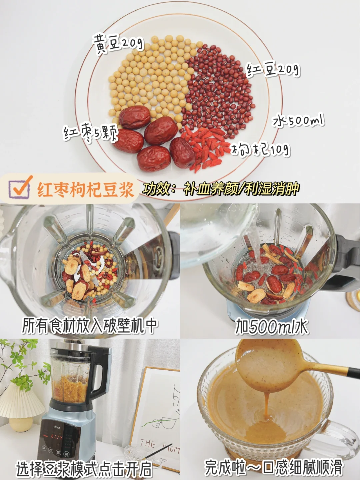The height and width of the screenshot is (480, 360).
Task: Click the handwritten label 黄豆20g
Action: pos(118,44)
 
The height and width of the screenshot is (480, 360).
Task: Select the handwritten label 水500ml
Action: pos(298,121)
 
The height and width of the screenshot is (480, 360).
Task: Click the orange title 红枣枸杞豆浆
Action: pos(85,189)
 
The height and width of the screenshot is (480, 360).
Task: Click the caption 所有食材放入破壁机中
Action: pos(89,327)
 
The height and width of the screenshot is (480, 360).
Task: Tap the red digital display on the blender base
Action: pos(57,431)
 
